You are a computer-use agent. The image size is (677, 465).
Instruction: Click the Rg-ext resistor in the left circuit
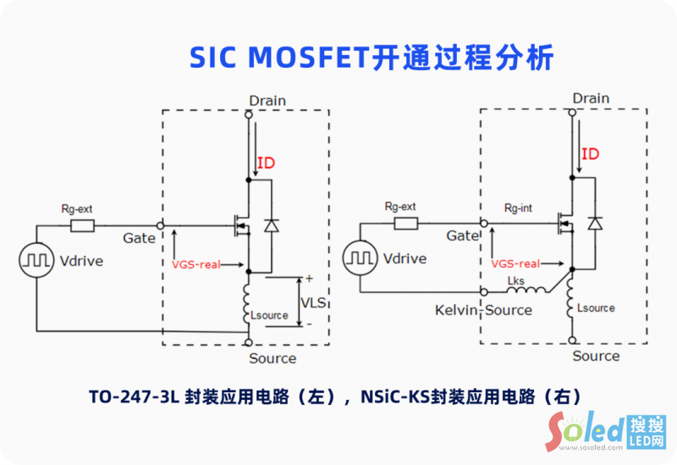(x=82, y=225)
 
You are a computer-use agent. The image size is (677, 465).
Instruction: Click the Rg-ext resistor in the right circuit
(x=405, y=224)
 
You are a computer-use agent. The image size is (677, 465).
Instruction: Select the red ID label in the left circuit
(x=266, y=163)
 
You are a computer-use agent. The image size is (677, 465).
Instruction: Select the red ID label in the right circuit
(x=590, y=154)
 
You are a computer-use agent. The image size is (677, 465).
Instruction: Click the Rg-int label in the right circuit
(x=517, y=208)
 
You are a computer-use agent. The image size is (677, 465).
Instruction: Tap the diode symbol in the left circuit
(x=271, y=225)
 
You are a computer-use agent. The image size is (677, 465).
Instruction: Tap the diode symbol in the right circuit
(x=595, y=223)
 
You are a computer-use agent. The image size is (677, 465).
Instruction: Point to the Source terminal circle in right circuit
(x=573, y=341)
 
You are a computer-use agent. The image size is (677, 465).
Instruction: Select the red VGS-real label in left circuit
(x=195, y=264)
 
